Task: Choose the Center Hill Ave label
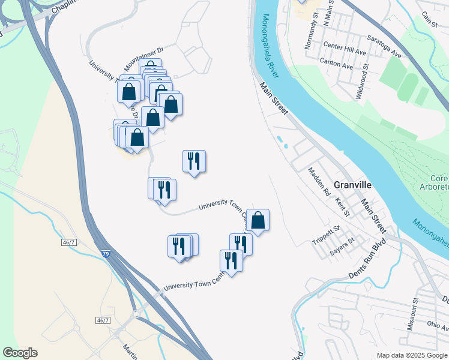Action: point(344,46)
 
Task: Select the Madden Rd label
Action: point(319,182)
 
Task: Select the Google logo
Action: point(20,353)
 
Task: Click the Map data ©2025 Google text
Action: point(412,355)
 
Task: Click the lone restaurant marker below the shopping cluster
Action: point(194,161)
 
